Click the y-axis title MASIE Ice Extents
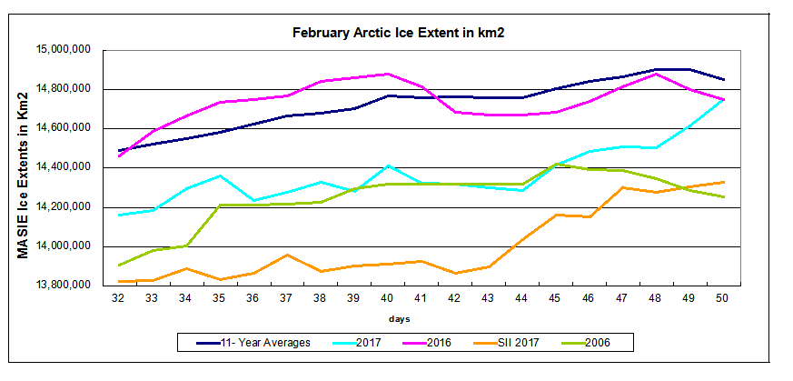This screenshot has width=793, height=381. pyautogui.click(x=24, y=167)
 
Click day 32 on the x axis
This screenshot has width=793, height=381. pyautogui.click(x=118, y=297)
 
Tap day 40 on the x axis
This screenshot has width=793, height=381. pyautogui.click(x=388, y=297)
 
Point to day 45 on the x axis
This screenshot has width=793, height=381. pyautogui.click(x=556, y=297)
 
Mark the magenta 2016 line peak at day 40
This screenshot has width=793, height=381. pyautogui.click(x=388, y=74)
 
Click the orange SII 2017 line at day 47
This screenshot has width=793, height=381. pyautogui.click(x=623, y=187)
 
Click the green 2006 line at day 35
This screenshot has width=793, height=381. pyautogui.click(x=220, y=206)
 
